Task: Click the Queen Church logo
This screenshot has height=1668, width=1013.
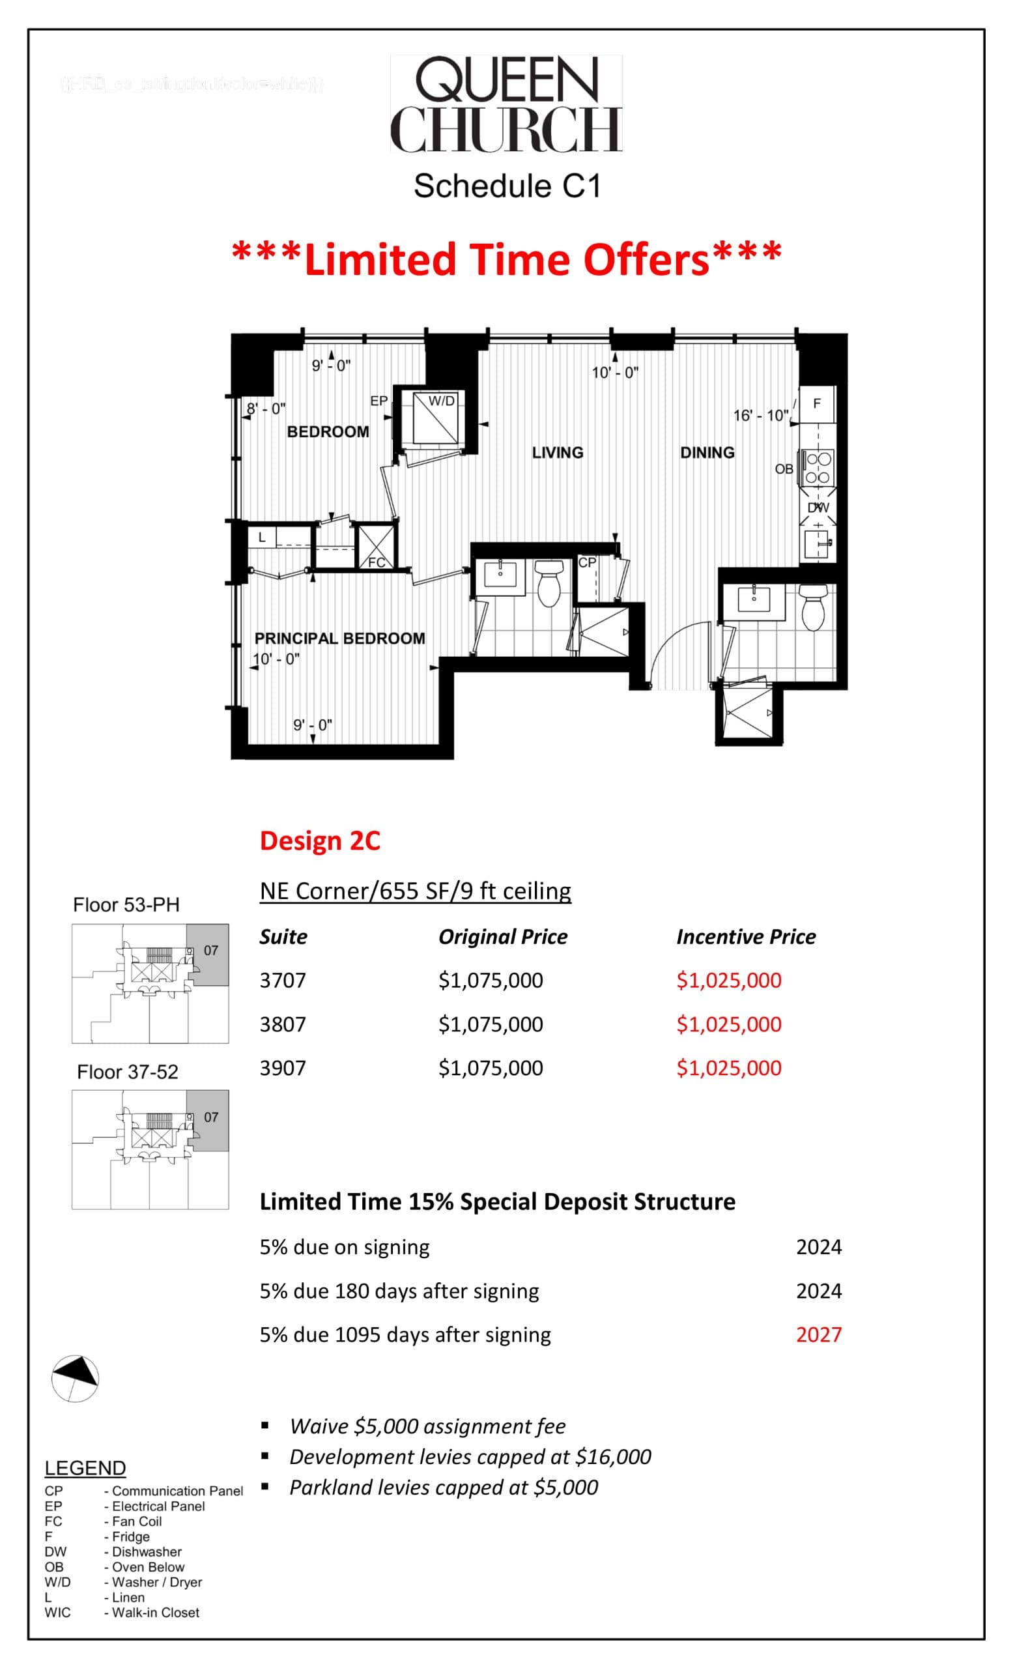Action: [x=506, y=104]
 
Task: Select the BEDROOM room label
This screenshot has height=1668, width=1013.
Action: [x=328, y=432]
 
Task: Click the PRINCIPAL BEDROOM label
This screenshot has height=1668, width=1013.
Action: [x=339, y=639]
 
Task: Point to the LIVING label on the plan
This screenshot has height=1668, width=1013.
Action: [x=557, y=452]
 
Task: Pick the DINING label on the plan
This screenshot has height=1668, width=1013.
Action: [x=707, y=452]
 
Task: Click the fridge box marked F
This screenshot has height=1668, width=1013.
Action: [x=817, y=404]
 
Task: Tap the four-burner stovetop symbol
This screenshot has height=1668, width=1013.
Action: [x=818, y=468]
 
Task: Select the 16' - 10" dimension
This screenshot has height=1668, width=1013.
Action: [x=761, y=416]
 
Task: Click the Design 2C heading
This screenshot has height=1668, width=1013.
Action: [x=320, y=841]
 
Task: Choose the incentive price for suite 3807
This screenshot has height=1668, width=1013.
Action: [x=729, y=1024]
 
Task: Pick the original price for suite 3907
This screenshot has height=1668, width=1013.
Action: [x=491, y=1068]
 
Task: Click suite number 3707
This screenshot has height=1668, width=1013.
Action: [x=283, y=980]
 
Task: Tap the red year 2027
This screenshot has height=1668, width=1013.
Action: [x=819, y=1335]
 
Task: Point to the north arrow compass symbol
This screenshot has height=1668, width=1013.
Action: [x=75, y=1379]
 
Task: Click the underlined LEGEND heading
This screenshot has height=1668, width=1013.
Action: [x=85, y=1467]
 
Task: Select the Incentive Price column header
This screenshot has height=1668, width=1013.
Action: [x=746, y=937]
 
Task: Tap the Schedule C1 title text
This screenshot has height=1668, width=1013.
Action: [x=507, y=186]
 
